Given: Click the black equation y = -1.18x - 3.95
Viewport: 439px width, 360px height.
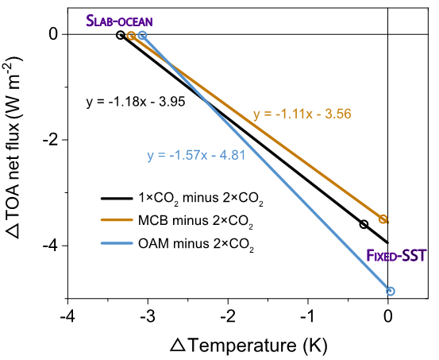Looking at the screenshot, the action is point(136,102).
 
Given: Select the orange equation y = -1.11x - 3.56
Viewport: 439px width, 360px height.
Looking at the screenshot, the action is point(302,114).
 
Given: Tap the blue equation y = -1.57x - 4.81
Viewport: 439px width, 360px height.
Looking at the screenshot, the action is point(196,155).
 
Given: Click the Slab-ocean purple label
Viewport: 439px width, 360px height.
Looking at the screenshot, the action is point(119,21).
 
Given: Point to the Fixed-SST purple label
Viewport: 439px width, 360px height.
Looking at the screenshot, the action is point(396,255).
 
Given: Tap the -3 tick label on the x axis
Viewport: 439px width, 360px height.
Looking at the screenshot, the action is point(148,316).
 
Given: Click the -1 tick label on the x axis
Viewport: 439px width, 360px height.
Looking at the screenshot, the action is point(308,316).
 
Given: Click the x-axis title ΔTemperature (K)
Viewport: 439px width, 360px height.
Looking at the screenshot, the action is point(248,345).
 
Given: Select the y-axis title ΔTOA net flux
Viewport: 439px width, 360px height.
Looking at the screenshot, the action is point(13,148).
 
